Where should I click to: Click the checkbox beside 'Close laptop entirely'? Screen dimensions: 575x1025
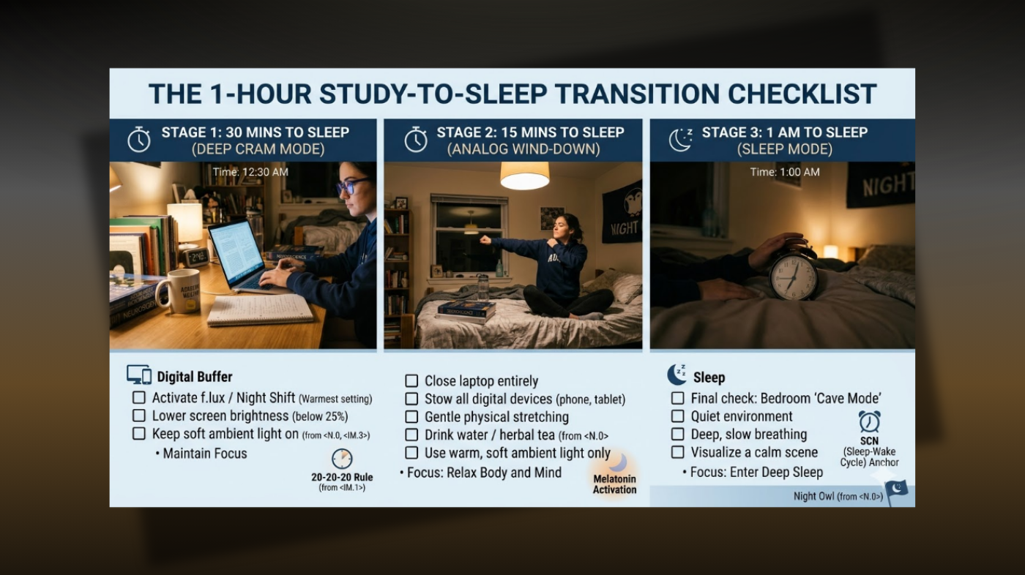coord(411,381)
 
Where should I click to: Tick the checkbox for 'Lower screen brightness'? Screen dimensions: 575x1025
coord(139,416)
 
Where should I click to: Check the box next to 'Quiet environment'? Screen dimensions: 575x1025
coord(678,416)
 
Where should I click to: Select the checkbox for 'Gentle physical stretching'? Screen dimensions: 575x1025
coord(411,417)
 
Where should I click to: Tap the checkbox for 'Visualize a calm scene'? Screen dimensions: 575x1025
coord(678,452)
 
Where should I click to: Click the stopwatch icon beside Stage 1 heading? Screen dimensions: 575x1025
coord(139,140)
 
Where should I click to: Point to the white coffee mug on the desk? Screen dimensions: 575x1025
coord(177,290)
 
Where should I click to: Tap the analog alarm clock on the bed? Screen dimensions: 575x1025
coord(794,275)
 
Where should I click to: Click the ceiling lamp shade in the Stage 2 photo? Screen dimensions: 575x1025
coord(524,176)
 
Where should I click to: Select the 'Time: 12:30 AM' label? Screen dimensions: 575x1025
coord(250,173)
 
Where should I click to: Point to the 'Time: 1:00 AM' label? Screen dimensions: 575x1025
coord(785,173)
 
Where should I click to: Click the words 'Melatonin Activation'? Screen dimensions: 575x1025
coord(614,484)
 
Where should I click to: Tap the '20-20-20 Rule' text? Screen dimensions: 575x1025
coord(342,477)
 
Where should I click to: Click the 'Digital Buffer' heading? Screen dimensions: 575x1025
coord(194,377)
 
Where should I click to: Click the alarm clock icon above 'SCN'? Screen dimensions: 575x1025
coord(869,421)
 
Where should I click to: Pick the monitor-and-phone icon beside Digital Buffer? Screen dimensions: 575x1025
coord(139,376)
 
